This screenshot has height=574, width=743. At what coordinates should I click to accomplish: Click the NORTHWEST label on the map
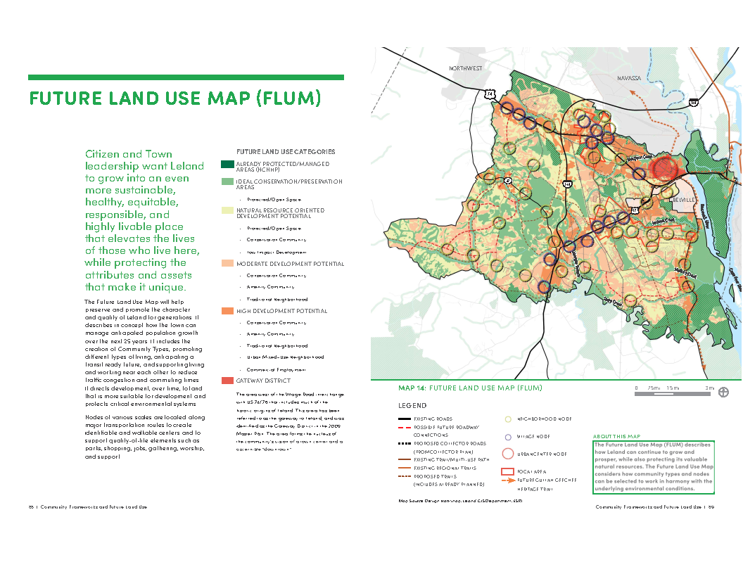466,68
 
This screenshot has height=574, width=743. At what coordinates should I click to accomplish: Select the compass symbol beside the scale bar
723,393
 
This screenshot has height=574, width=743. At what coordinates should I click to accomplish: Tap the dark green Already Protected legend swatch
227,164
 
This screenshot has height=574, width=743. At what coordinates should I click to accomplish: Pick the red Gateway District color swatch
227,381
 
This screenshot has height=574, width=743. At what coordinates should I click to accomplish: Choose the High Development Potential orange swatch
227,310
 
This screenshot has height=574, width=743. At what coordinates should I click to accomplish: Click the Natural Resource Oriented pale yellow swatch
227,210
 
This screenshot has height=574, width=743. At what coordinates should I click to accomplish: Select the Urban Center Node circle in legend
507,453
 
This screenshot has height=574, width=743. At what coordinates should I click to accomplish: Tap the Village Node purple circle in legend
507,435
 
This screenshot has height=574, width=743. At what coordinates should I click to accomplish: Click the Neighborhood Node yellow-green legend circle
507,419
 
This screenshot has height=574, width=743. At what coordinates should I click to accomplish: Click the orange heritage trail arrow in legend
508,480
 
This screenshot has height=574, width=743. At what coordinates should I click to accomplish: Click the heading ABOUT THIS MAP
616,436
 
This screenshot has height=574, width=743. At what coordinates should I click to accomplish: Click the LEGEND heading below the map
412,406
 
